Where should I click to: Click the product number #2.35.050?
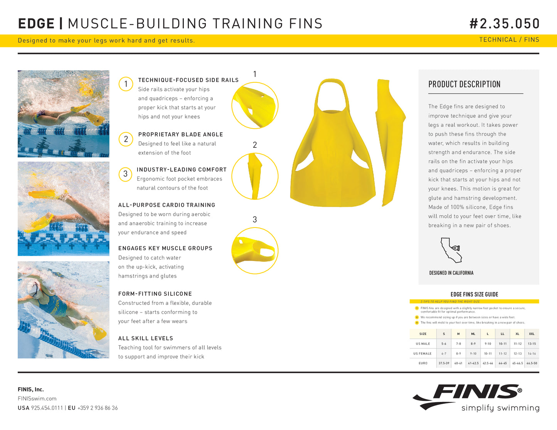(x=505, y=23)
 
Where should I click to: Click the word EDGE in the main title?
(x=36, y=23)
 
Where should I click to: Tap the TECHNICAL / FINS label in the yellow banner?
(x=509, y=40)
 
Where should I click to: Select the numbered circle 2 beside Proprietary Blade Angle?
(x=126, y=139)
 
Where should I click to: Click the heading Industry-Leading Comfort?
(x=182, y=169)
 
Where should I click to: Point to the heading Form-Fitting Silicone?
(x=155, y=294)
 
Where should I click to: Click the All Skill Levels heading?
(x=146, y=338)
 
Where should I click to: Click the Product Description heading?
(x=464, y=84)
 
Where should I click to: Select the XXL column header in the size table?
(x=532, y=334)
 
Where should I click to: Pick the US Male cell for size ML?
(x=473, y=344)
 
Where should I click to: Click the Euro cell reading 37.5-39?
(x=444, y=363)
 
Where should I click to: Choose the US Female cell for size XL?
(x=518, y=353)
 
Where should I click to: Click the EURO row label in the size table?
(x=423, y=363)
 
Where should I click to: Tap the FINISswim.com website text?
(x=37, y=398)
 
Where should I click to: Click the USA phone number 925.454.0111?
(x=47, y=408)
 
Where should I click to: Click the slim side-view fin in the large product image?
(x=390, y=142)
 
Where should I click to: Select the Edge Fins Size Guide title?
(x=474, y=294)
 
